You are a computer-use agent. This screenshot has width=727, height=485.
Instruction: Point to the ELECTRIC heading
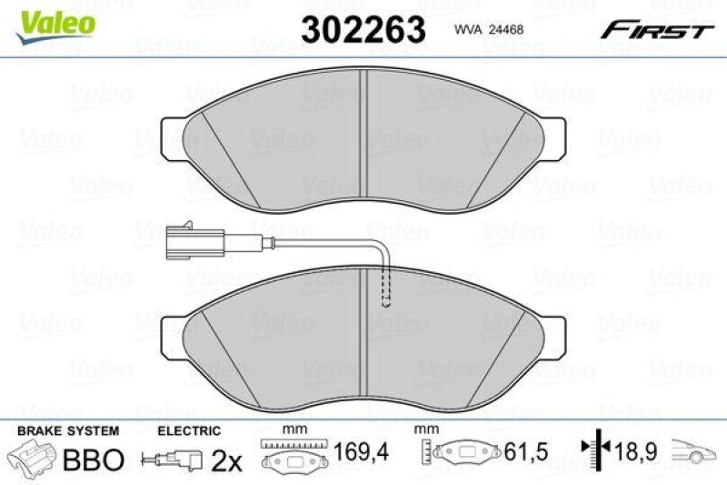[x=188, y=429]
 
